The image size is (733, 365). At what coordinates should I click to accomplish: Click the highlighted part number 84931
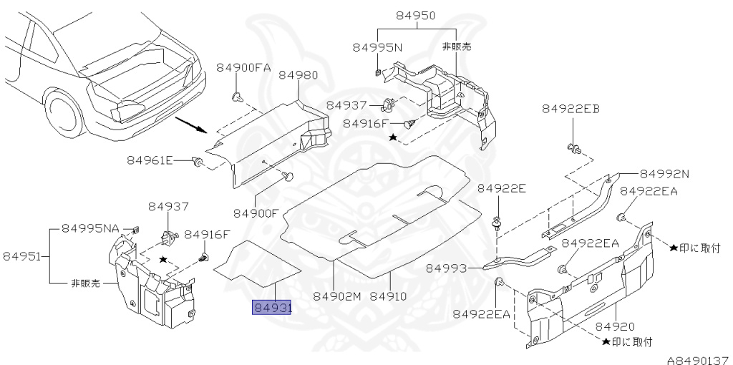(271, 308)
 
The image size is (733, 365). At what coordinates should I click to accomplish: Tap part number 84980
(299, 74)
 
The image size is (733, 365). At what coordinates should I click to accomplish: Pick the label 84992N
(664, 173)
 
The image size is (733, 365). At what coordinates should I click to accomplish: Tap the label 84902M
(337, 296)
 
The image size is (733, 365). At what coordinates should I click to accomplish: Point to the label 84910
(389, 296)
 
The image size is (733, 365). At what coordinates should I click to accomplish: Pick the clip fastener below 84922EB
(573, 148)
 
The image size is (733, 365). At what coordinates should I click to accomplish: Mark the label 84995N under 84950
(377, 47)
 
